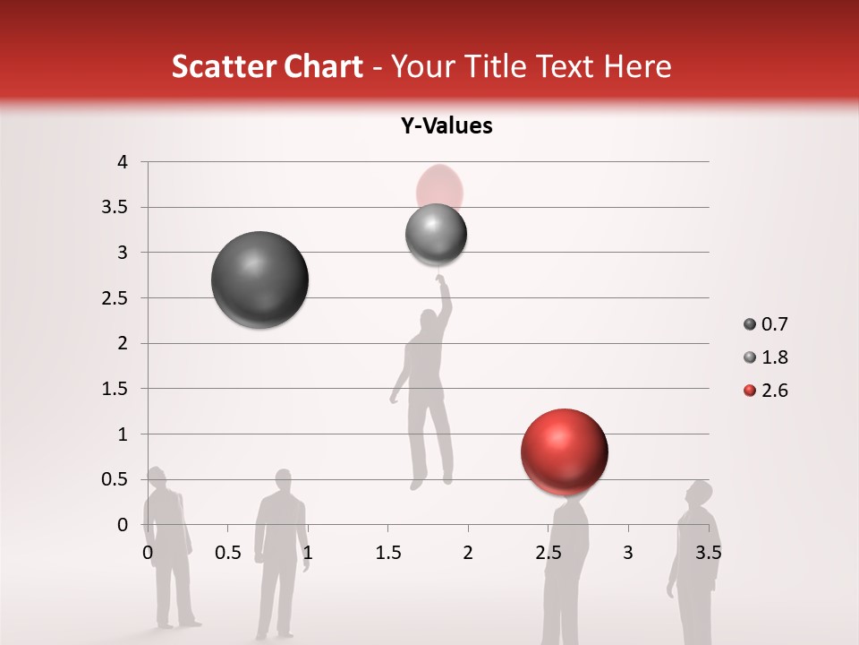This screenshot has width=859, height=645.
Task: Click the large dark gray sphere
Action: (x=259, y=279)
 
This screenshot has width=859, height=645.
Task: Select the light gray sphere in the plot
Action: (x=436, y=235)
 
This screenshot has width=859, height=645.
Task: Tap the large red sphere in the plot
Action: (x=564, y=452)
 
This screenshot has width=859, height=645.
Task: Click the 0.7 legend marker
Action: (x=750, y=324)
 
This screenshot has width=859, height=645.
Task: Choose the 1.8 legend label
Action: (x=774, y=357)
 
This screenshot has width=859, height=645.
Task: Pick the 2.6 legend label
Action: (x=774, y=391)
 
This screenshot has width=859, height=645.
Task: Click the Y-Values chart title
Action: (x=446, y=126)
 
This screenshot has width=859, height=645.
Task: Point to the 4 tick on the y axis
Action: (x=122, y=162)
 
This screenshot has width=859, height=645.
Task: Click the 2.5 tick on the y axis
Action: (x=114, y=298)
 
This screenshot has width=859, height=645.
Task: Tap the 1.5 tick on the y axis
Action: (x=114, y=389)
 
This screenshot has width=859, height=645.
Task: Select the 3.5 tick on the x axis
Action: (x=708, y=553)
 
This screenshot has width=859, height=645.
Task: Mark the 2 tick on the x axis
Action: (x=468, y=553)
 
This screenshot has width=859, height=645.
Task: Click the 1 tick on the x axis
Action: (x=308, y=553)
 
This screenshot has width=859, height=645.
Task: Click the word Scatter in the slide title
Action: (x=221, y=66)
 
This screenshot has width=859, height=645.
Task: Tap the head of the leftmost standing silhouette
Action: (x=157, y=477)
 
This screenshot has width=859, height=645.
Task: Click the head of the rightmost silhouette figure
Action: (x=699, y=494)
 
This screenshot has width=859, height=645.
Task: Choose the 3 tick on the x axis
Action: (x=627, y=553)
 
